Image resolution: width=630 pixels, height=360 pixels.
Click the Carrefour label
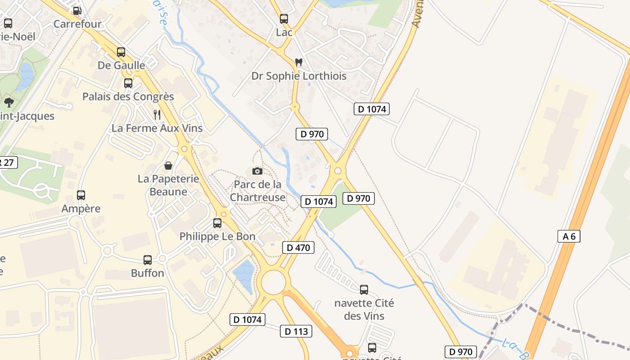point(77,24)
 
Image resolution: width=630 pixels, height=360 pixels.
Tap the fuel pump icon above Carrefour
point(77,10)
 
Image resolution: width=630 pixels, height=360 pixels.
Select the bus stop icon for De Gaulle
point(121,52)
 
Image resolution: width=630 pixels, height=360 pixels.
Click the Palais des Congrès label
point(128,96)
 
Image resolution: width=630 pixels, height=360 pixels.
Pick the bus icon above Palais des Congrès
point(128,83)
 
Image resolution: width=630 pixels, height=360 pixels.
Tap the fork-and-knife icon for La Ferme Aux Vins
point(157,115)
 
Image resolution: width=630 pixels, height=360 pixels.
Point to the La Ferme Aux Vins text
point(157,128)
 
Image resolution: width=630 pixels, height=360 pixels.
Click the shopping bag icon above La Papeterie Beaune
point(168,166)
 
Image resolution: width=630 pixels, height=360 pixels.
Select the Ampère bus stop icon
point(81,195)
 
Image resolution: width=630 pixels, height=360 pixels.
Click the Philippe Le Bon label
point(217,236)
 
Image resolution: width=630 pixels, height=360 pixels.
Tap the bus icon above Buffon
point(148,260)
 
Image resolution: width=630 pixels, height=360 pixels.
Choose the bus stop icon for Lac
point(284,19)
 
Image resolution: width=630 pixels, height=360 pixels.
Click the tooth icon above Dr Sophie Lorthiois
point(298,62)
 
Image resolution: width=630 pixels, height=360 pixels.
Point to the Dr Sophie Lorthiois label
point(299,76)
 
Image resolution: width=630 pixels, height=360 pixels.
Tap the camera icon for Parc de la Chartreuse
point(257,171)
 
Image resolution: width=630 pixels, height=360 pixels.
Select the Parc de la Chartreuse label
point(258,191)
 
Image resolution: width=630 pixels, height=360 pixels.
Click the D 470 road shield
point(298,247)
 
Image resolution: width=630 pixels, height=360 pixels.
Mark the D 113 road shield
point(296,331)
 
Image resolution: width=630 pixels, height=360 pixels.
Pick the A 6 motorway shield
point(569,236)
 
